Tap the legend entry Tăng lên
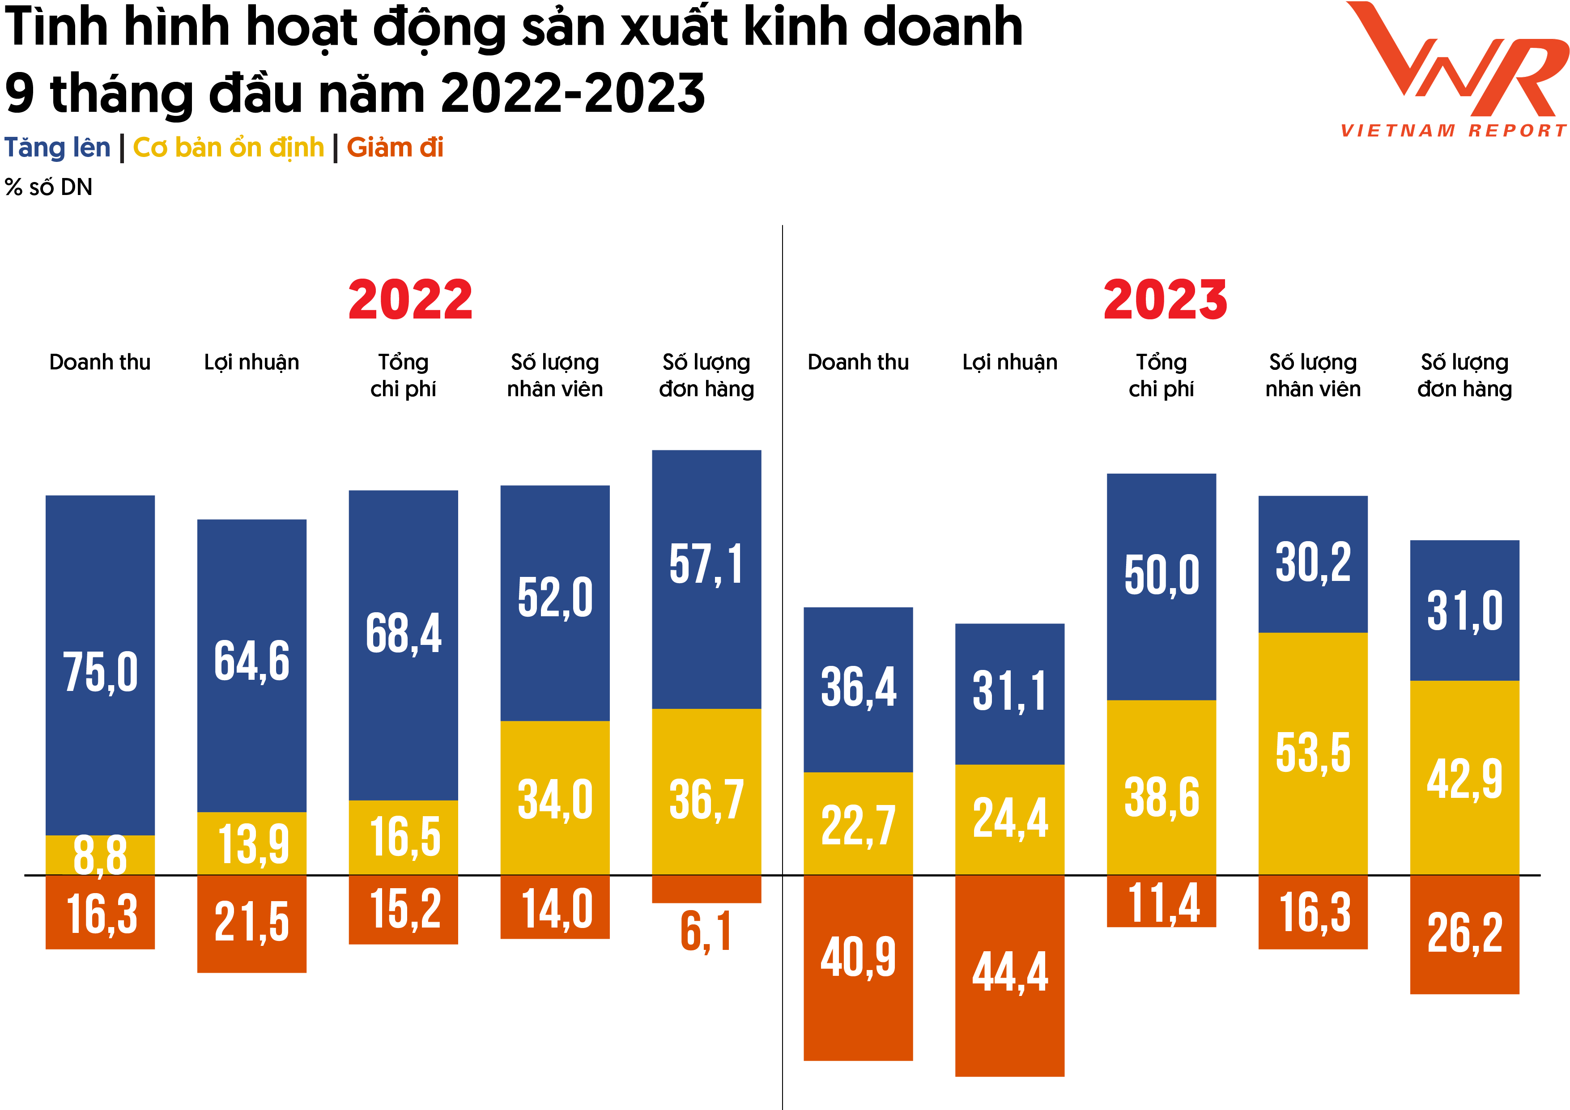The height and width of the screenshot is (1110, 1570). [x=57, y=148]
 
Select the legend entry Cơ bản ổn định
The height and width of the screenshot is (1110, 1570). [x=228, y=148]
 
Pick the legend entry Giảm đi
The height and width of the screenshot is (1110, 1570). [x=395, y=148]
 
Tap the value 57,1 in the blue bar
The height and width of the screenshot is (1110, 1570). [x=706, y=564]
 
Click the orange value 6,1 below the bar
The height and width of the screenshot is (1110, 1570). [x=706, y=931]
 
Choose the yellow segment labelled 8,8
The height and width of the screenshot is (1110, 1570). [x=101, y=854]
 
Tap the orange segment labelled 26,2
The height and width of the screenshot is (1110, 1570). [x=1465, y=934]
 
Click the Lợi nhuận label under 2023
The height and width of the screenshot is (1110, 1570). [x=1009, y=362]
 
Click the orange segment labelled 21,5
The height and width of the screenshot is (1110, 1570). [x=251, y=923]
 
